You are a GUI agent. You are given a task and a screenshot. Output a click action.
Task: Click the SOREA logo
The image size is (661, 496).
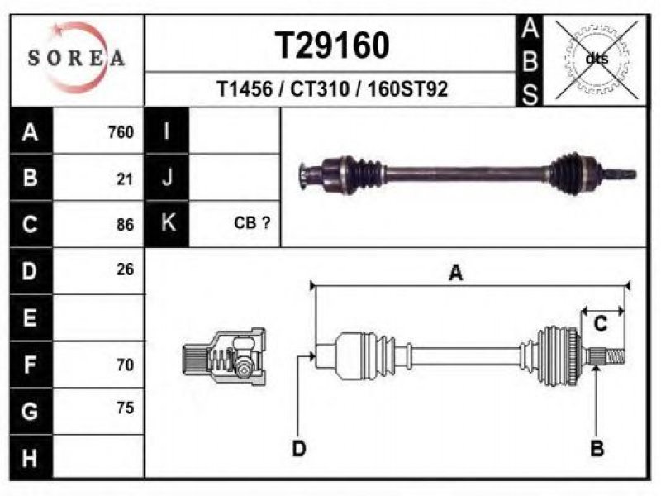[x=76, y=57]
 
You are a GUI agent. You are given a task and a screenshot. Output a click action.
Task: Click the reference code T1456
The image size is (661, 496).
[x=245, y=89]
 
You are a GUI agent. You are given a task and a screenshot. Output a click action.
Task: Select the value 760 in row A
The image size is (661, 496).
[x=121, y=132]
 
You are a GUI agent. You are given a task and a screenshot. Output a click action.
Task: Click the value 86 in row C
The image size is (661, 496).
[x=125, y=224]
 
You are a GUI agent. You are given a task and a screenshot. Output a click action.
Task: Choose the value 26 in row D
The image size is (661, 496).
[x=125, y=269]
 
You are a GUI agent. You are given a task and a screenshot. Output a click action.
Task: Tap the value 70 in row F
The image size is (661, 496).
[x=125, y=364]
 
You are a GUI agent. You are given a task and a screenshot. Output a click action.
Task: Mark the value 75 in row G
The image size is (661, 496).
[x=125, y=408]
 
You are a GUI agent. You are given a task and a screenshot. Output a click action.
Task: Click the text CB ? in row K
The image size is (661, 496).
[x=253, y=224]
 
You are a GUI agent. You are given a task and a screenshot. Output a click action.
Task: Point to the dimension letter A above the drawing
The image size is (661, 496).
[x=455, y=274]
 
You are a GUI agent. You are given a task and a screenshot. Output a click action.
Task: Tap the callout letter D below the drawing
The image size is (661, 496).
[x=299, y=449]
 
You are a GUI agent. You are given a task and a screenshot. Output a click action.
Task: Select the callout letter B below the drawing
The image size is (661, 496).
[x=597, y=449]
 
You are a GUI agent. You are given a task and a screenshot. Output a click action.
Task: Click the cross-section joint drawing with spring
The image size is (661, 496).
[x=225, y=357]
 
